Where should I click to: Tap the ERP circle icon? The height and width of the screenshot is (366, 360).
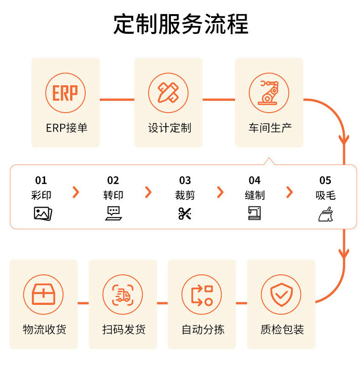coord(65,93)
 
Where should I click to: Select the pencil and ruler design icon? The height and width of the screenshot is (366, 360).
coord(168,93)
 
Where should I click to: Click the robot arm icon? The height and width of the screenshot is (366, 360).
coord(269,93)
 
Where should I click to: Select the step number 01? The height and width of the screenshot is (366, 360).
coord(41,180)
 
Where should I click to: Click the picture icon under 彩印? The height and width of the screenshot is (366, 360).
coord(43,213)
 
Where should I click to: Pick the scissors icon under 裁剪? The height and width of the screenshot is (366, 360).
coord(185,213)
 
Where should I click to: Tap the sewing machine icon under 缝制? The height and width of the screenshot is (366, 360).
coord(255,213)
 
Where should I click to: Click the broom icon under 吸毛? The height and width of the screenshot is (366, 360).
coord(325,213)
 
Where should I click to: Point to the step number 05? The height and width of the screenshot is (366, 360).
coord(325,180)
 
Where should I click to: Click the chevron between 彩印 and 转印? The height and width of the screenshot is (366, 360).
coord(76,192)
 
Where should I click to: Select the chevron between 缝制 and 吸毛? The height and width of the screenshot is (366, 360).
coord(289,192)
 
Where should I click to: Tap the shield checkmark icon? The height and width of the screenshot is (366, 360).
coord(281,294)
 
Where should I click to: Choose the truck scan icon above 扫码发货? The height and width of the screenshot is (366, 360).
coord(123,294)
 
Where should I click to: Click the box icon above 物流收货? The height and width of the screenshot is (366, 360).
coord(43,294)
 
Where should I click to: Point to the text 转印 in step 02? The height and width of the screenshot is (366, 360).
coord(113,196)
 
